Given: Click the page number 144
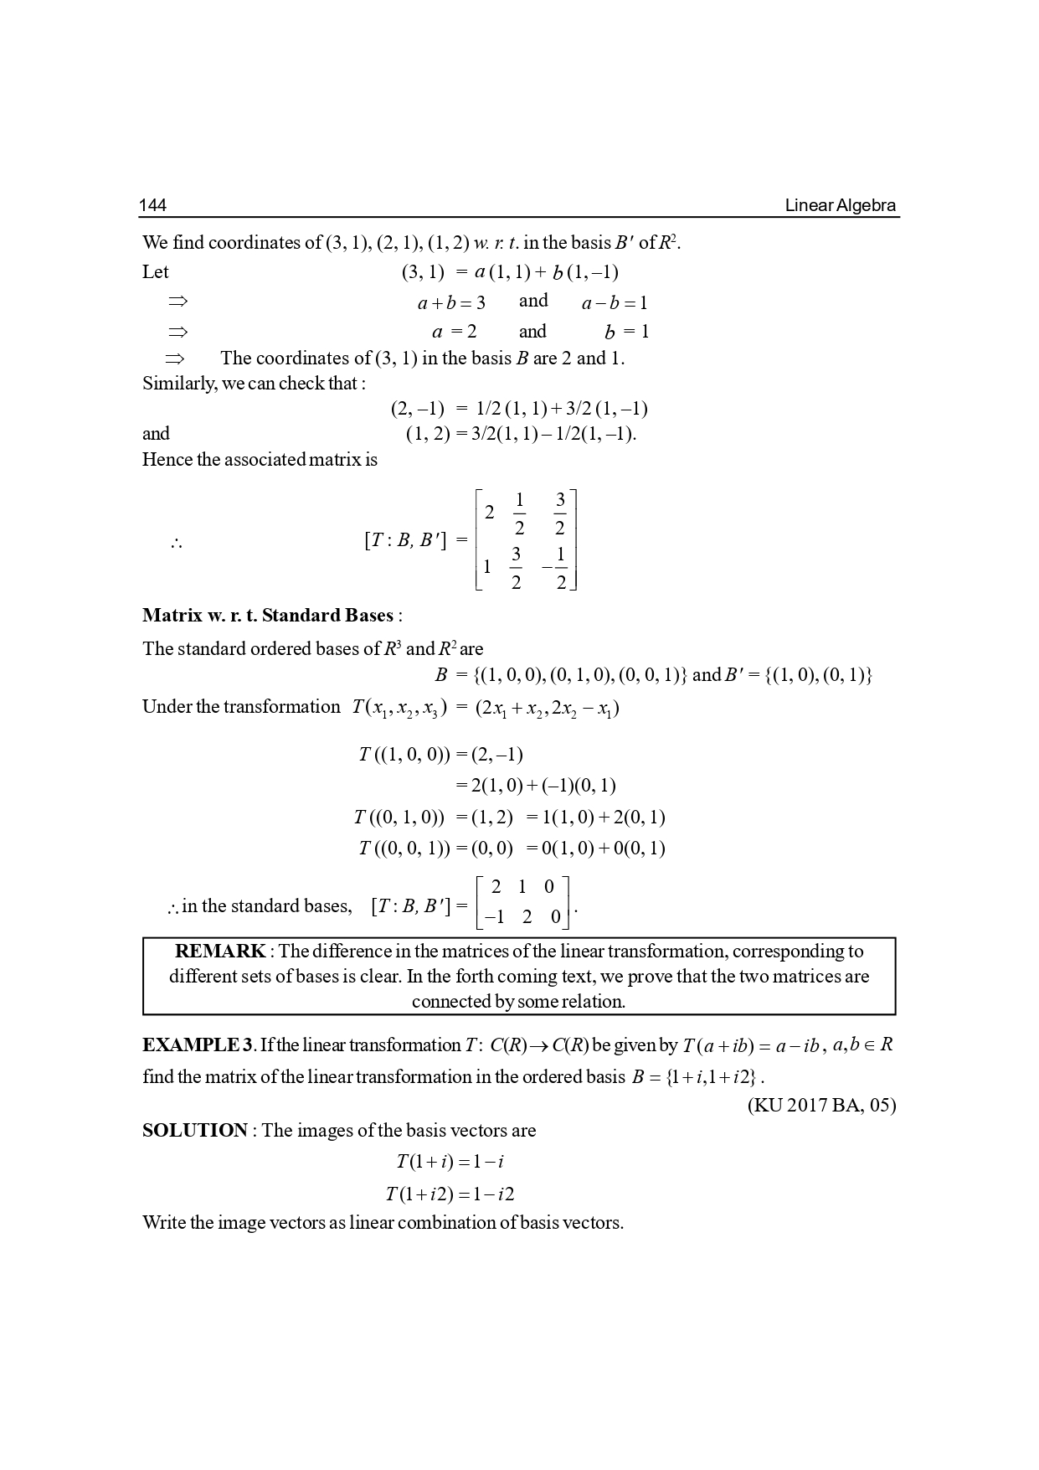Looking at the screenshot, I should tap(152, 205).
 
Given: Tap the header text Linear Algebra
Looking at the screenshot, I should tap(840, 205).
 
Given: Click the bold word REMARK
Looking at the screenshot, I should tap(220, 951).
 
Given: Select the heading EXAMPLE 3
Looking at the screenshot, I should tap(198, 1045).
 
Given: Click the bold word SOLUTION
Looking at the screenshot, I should tap(195, 1130).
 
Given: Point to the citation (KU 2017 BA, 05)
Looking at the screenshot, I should tap(820, 1105).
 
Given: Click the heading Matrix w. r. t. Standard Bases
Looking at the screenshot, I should tap(268, 616).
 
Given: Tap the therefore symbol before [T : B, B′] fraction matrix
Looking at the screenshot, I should tap(176, 543).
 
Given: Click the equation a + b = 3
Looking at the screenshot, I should tap(451, 302).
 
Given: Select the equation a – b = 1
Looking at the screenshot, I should tap(615, 302).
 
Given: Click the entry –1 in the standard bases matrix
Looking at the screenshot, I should tap(496, 917).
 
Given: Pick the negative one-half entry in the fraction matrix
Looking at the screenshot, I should tap(555, 569).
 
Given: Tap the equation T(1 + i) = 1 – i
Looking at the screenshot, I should tap(450, 1162).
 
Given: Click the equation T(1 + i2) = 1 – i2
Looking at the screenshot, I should tap(450, 1194).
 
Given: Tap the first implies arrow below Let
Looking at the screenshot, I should tap(177, 301).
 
